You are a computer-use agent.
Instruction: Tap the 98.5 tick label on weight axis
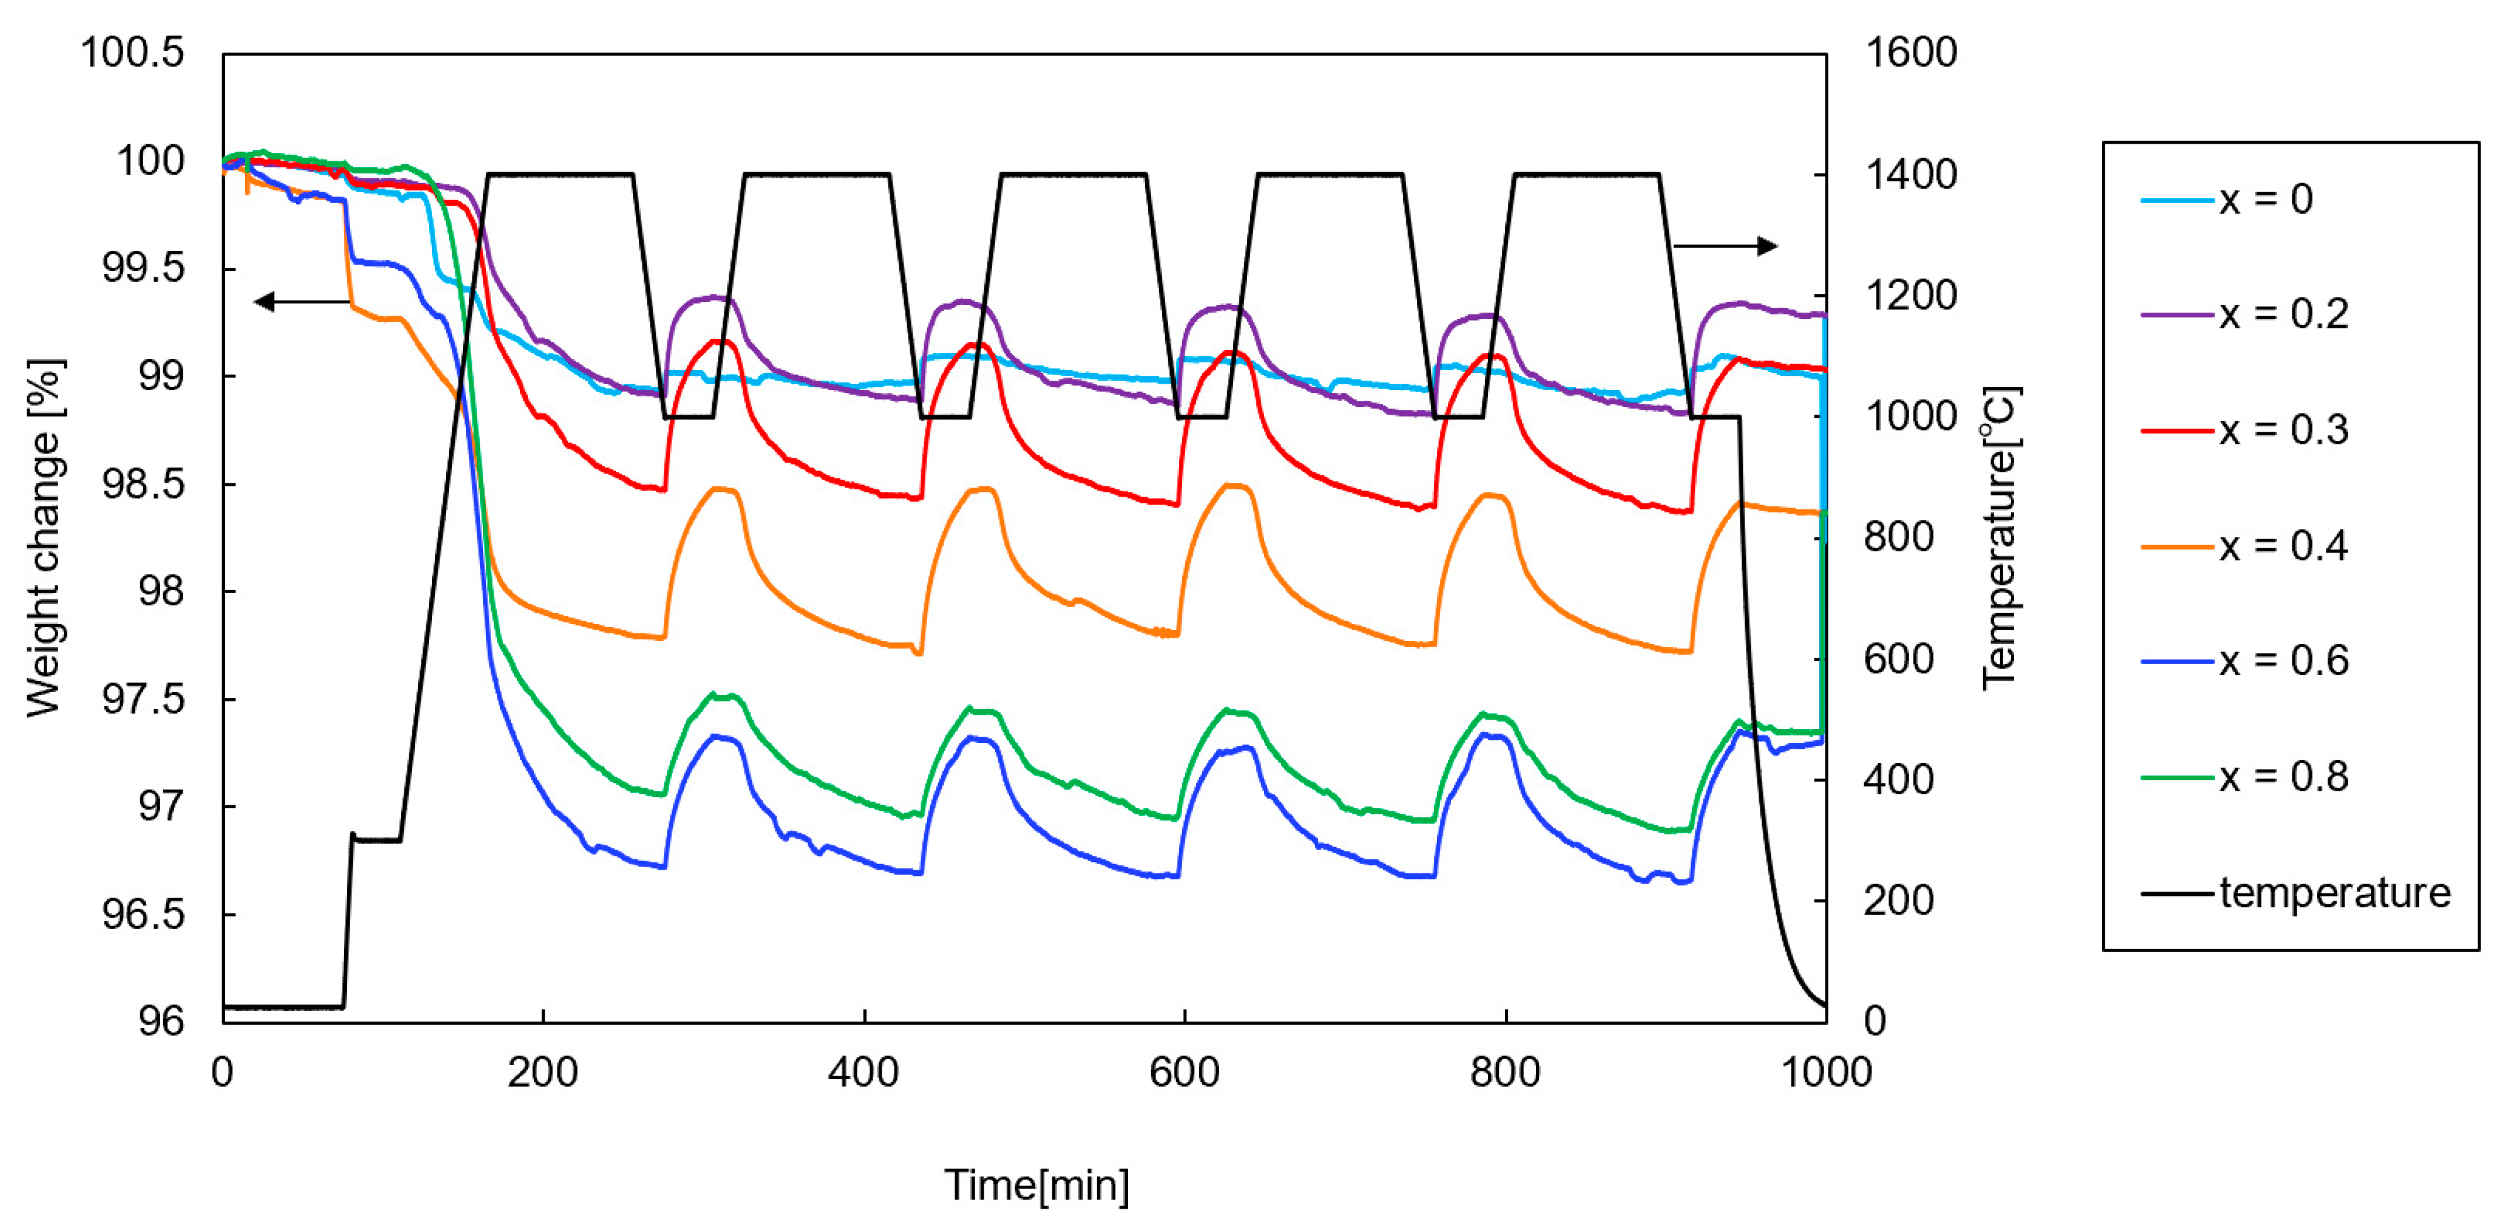[x=144, y=484]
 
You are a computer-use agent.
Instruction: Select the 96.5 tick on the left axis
[x=144, y=914]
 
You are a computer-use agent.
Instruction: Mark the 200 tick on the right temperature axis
[x=1898, y=901]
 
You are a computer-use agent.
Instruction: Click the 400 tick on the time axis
[x=863, y=1073]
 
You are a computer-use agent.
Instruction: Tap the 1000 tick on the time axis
[x=1826, y=1073]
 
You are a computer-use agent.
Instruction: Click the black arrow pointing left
[x=301, y=302]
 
